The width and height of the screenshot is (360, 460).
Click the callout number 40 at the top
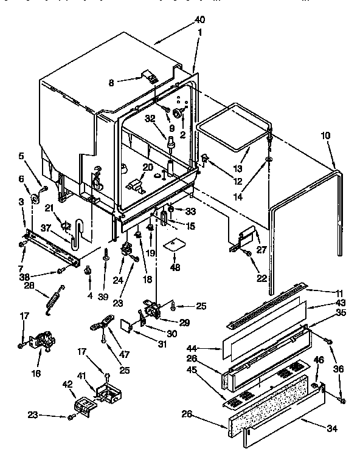click(x=199, y=21)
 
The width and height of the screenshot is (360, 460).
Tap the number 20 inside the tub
click(x=148, y=167)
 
